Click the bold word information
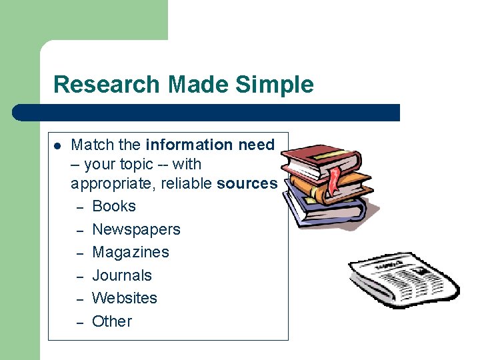click(188, 145)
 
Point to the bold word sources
click(247, 183)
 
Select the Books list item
click(113, 207)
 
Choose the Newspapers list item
click(136, 229)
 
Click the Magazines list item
click(131, 252)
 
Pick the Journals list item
click(122, 275)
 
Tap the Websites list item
click(125, 298)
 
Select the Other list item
click(112, 321)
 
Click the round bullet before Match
click(57, 145)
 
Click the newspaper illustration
click(403, 279)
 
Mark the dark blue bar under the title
click(207, 113)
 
